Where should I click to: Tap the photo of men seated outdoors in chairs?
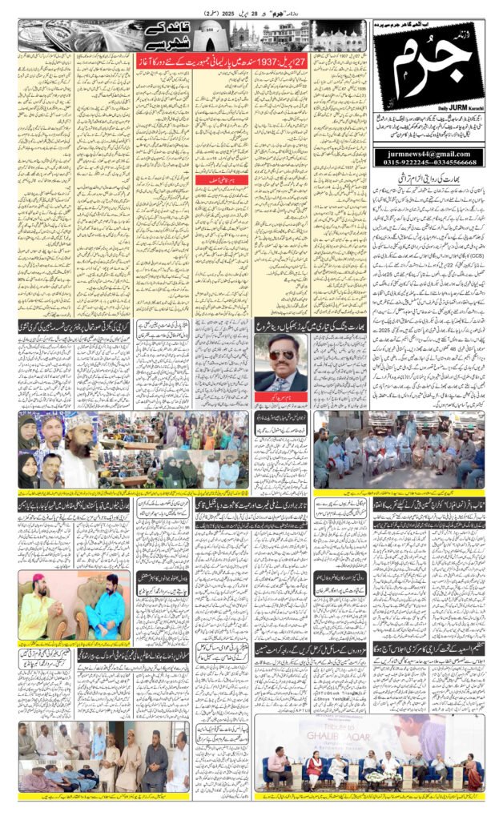click(398, 452)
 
